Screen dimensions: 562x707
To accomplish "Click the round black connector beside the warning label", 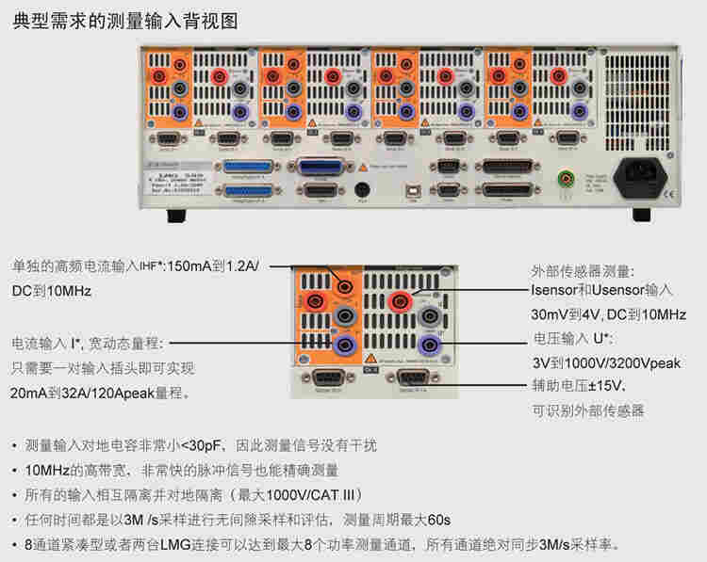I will (360, 188).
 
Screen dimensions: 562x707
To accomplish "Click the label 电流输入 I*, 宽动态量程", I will (88, 343).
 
